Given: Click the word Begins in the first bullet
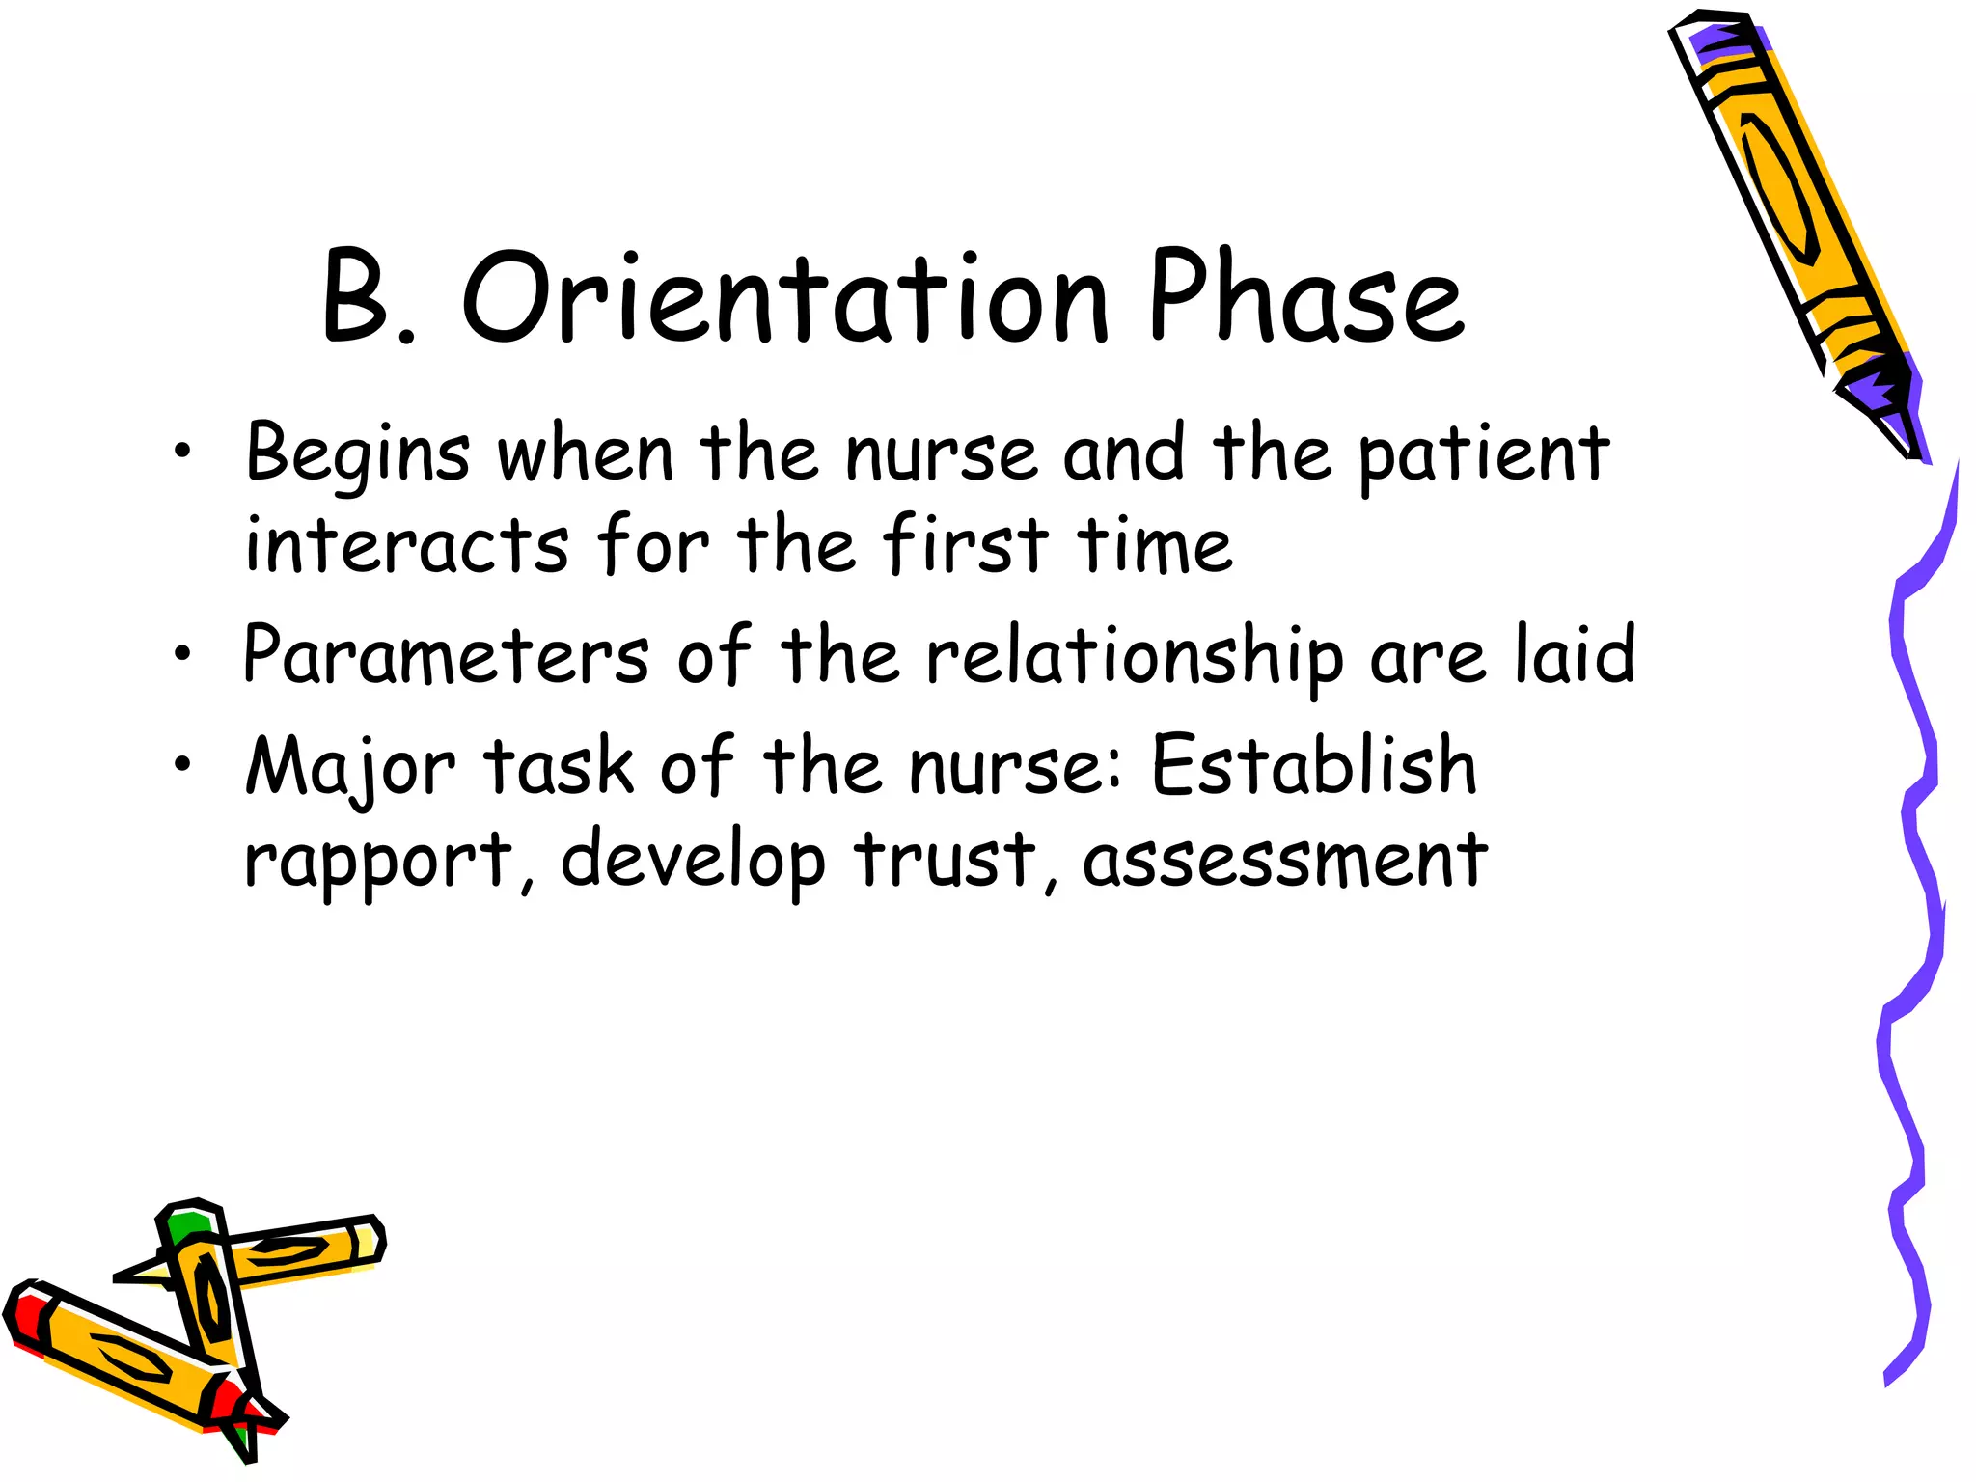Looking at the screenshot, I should click(358, 453).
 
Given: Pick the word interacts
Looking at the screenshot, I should click(406, 546).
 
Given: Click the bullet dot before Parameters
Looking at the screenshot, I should click(182, 655).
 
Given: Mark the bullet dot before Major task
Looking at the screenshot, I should click(182, 765).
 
